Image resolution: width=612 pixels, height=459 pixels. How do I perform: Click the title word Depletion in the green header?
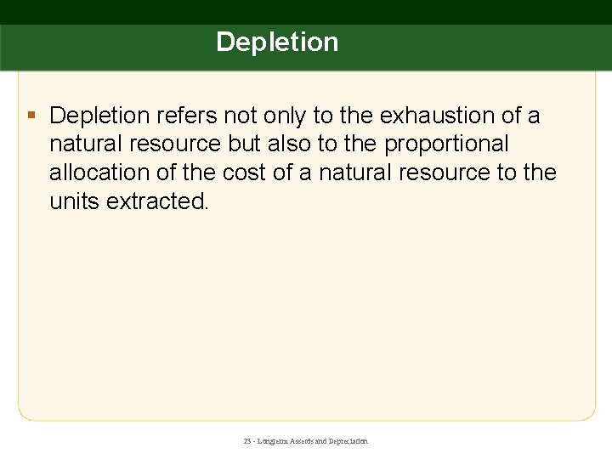point(277,42)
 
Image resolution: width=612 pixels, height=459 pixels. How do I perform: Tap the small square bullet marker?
point(31,114)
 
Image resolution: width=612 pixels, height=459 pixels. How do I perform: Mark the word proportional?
point(446,144)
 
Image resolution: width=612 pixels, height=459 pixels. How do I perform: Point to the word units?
point(74,201)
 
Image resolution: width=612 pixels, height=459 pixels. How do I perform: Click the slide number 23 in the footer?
point(247,442)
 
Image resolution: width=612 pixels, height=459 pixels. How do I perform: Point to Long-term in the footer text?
point(271,442)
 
